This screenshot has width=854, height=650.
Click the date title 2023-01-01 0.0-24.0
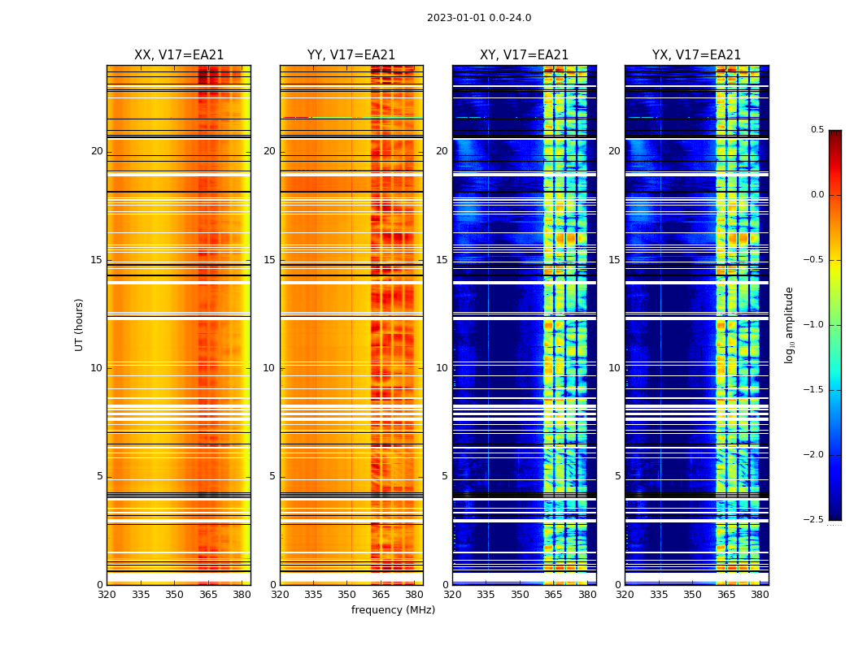[x=479, y=18]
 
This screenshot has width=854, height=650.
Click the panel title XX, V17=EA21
[x=179, y=55]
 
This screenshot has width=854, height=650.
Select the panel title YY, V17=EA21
[x=351, y=55]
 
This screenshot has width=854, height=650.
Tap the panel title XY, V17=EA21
[x=524, y=55]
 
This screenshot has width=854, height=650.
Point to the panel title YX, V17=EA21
[x=696, y=55]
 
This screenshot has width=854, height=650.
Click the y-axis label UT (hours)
[x=79, y=324]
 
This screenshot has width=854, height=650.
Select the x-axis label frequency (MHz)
[x=393, y=610]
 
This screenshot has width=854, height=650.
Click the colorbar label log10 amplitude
[x=789, y=324]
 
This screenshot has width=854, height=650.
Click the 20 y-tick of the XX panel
[x=97, y=151]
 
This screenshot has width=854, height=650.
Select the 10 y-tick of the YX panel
[x=615, y=368]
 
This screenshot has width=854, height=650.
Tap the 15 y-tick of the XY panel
[x=442, y=260]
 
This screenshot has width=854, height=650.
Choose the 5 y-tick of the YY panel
[x=272, y=476]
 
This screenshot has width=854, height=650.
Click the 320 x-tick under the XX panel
[x=107, y=595]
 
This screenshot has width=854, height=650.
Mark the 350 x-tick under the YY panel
[x=347, y=595]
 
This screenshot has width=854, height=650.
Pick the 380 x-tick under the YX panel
[x=760, y=595]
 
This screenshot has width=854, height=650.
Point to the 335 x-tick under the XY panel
[x=486, y=595]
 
